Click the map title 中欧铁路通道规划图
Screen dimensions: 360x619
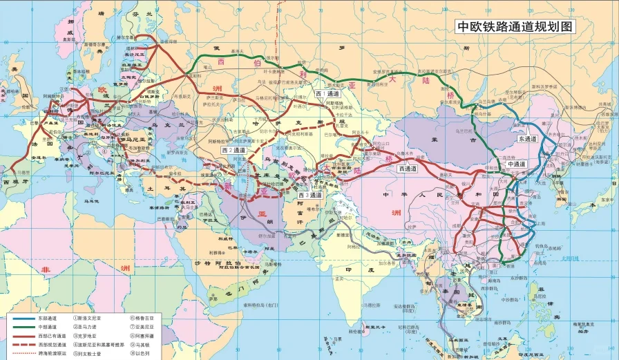click(515, 27)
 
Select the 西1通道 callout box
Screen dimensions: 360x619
click(327, 93)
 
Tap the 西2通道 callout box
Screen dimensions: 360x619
click(234, 149)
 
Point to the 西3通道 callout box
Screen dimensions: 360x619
click(310, 196)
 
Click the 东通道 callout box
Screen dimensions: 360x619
click(526, 139)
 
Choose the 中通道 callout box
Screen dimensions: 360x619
click(515, 164)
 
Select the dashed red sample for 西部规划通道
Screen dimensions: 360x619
click(22, 344)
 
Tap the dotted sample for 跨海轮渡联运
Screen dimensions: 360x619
click(22, 352)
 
